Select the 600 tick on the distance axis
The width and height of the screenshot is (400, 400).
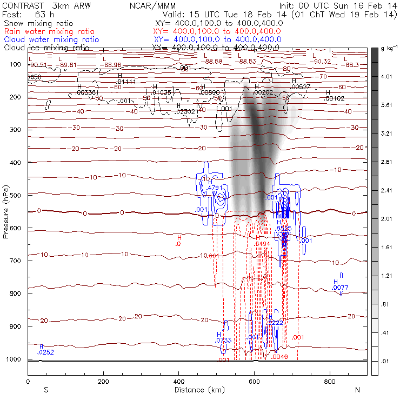[x=255, y=381]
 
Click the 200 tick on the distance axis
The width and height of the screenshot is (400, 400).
[x=103, y=381]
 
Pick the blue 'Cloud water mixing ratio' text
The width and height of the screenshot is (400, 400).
[x=51, y=39]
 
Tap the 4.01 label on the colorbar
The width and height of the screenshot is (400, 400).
[x=385, y=77]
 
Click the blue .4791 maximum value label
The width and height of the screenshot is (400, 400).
[x=215, y=188]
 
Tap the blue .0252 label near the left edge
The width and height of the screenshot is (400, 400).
[x=45, y=352]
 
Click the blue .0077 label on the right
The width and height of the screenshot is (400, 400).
[x=340, y=288]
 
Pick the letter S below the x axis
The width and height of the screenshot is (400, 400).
[x=46, y=390]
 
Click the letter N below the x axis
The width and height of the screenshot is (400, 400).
[x=357, y=390]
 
